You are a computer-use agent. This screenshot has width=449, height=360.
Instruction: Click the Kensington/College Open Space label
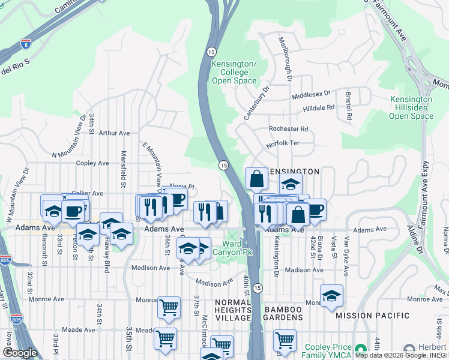pyautogui.click(x=234, y=72)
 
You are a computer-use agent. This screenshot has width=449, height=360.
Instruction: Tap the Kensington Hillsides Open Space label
pyautogui.click(x=411, y=107)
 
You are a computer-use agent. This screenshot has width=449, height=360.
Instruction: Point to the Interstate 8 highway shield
pyautogui.click(x=25, y=43)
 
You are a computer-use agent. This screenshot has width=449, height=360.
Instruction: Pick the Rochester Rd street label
pyautogui.click(x=288, y=129)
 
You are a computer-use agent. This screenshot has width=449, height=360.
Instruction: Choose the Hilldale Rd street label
pyautogui.click(x=318, y=108)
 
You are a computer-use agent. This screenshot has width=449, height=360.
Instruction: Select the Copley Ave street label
pyautogui.click(x=92, y=163)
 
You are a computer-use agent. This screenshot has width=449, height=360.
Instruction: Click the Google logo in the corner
pyautogui.click(x=20, y=353)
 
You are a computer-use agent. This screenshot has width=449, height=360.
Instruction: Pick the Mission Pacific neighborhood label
pyautogui.click(x=373, y=316)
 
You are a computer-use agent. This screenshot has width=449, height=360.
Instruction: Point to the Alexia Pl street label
pyautogui.click(x=182, y=187)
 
